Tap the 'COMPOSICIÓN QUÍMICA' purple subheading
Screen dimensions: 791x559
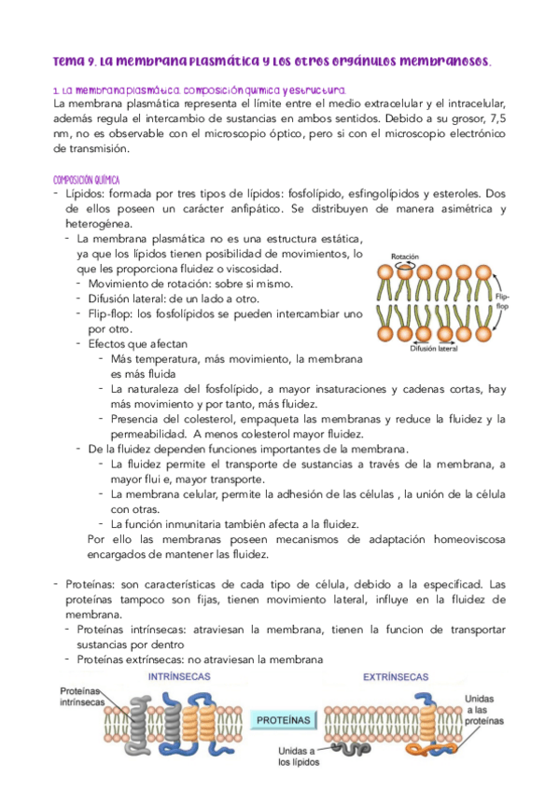click(x=93, y=179)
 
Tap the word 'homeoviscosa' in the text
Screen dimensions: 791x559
click(x=458, y=540)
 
